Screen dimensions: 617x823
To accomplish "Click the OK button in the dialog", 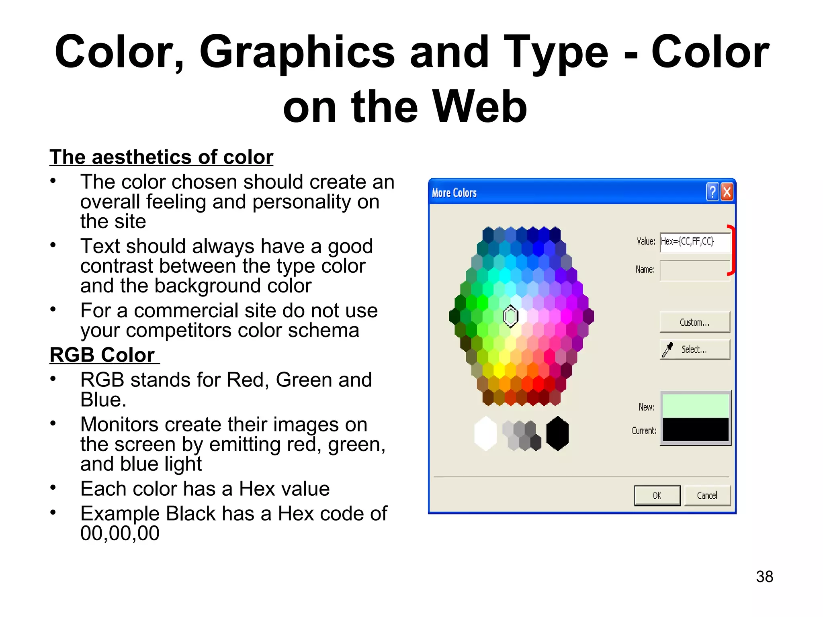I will click(x=657, y=495).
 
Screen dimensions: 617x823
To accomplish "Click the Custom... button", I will click(x=695, y=322).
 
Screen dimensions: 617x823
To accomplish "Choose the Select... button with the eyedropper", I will click(x=695, y=349).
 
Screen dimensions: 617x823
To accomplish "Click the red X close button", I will click(x=727, y=192).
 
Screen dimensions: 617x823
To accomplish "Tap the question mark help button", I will click(x=712, y=192).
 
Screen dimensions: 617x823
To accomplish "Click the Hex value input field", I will click(x=695, y=241).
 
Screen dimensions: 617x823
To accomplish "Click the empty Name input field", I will click(x=695, y=270).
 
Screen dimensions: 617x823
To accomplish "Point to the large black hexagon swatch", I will click(x=557, y=433).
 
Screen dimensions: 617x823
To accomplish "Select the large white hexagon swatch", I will click(x=485, y=433).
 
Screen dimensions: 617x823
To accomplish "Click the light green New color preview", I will click(x=695, y=406).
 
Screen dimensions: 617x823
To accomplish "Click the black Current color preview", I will click(x=695, y=429).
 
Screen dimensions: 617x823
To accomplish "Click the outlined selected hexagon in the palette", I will click(x=511, y=316).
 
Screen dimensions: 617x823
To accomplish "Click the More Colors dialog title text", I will click(x=454, y=193).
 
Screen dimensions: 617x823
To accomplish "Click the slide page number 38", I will click(x=764, y=576).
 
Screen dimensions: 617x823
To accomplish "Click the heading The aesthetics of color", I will click(x=161, y=157).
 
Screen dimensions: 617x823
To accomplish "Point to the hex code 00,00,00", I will click(x=120, y=533).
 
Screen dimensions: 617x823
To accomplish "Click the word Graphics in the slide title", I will click(x=297, y=52).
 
